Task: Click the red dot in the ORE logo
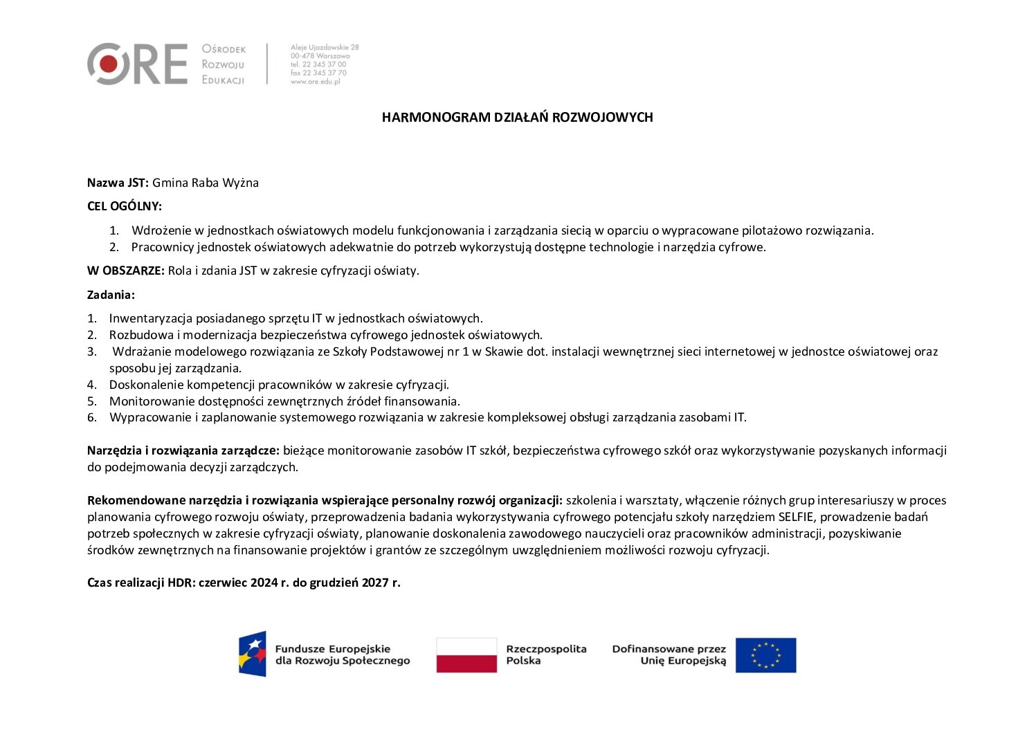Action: (x=109, y=64)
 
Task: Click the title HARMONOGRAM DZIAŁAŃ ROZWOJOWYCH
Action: (x=517, y=118)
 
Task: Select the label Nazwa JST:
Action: (x=118, y=183)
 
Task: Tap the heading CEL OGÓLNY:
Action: (x=125, y=206)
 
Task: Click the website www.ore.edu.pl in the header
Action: (x=316, y=82)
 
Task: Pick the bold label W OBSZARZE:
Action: (x=126, y=271)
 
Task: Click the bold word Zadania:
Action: (x=111, y=295)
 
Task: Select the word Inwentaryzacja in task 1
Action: (x=151, y=318)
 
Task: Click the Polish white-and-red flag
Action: (x=466, y=655)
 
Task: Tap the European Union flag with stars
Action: (x=765, y=655)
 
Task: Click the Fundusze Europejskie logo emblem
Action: (x=253, y=654)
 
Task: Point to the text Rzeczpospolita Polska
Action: (x=546, y=655)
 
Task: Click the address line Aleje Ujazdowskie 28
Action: (x=325, y=47)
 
